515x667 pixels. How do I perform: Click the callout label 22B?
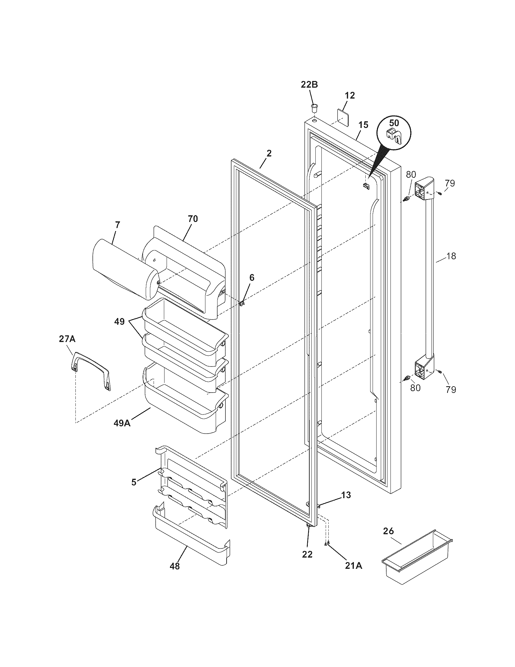point(309,85)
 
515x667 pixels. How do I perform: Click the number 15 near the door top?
point(363,125)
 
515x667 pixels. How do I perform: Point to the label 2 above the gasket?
point(268,153)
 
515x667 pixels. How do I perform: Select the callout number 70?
point(192,219)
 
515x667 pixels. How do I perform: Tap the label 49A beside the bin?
point(122,423)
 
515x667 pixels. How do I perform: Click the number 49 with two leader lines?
point(120,322)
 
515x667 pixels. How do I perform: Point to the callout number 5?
point(134,482)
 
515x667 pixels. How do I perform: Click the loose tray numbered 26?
point(417,559)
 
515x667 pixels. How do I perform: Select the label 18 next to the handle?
point(451,256)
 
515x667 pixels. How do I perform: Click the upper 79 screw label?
point(449,183)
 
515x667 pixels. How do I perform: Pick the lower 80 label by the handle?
point(415,387)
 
